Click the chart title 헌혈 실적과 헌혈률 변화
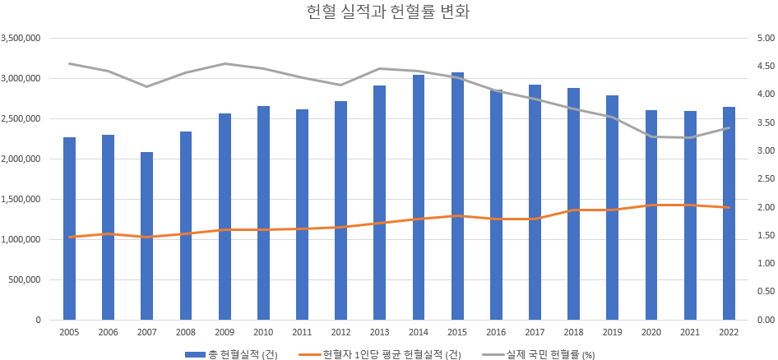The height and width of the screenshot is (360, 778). tap(388, 12)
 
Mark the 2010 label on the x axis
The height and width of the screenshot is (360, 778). tap(263, 332)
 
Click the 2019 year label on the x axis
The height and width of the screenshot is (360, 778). tap(612, 332)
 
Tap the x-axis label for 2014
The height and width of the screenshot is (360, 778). tap(418, 332)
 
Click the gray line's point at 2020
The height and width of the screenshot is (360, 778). tap(651, 136)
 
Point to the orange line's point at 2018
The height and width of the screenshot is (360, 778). tap(573, 210)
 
